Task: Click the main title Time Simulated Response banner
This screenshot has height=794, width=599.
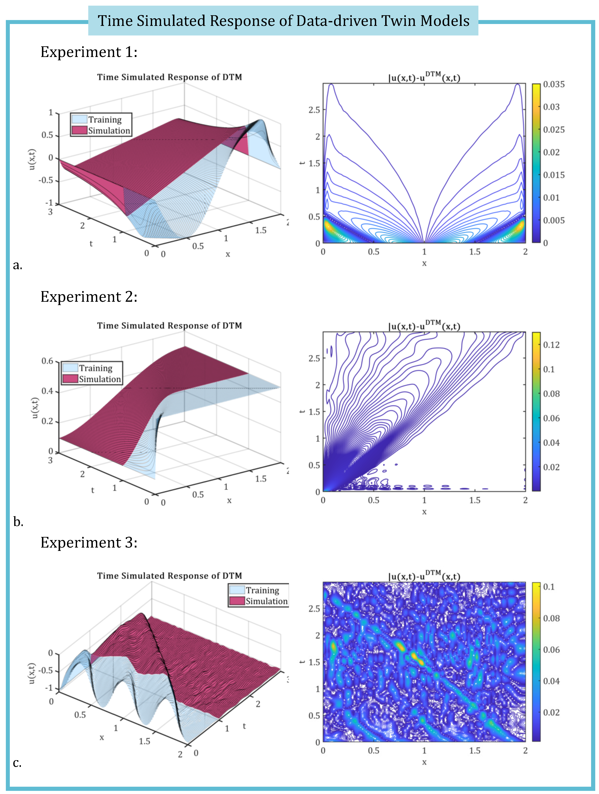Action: (283, 21)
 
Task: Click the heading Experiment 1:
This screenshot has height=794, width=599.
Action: (89, 52)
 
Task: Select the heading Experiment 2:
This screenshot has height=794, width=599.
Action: (89, 297)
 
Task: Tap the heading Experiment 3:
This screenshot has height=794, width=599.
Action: (89, 542)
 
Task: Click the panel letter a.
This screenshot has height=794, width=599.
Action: (17, 265)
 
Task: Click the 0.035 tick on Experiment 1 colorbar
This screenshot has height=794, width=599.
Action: (554, 84)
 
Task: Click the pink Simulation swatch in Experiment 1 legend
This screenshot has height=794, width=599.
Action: (79, 130)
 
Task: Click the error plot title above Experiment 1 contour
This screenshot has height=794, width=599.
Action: (424, 77)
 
